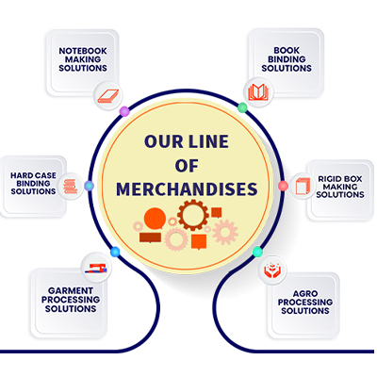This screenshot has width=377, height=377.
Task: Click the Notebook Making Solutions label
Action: point(83,59)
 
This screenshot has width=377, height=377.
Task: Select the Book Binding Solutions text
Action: point(287,59)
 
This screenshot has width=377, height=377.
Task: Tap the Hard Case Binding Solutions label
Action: point(33,184)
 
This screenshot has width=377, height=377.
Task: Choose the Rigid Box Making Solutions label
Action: point(340,187)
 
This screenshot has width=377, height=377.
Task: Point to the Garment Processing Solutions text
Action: point(71,300)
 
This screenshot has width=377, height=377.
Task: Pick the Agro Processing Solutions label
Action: point(305,303)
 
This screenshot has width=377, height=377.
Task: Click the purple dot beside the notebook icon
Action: point(124,111)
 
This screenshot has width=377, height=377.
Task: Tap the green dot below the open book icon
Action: point(242,107)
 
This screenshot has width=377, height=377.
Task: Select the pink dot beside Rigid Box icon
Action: point(283,186)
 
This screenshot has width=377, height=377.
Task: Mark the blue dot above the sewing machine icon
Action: point(115,252)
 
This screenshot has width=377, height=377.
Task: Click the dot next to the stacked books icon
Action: point(90,186)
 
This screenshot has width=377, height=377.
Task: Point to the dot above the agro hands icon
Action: point(257,252)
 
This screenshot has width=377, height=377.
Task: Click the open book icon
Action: point(258,92)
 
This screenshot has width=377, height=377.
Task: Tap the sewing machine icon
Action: point(96,268)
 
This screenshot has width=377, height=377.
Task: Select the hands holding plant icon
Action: point(272,270)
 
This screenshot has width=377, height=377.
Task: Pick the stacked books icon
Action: point(71,187)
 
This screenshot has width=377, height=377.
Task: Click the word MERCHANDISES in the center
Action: point(187,189)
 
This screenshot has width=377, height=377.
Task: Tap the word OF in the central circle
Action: point(187,166)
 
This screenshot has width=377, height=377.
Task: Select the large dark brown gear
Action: point(193,215)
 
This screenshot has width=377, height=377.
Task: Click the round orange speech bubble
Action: point(155,219)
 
